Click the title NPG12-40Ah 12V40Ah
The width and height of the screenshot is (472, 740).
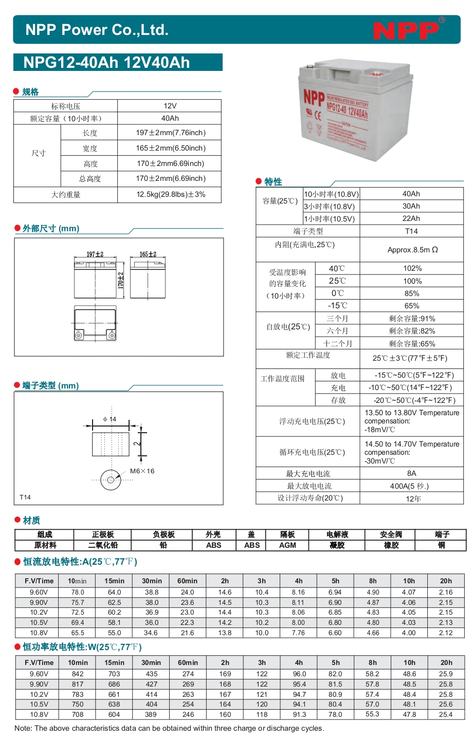point(106,63)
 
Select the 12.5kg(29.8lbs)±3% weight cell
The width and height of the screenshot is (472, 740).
point(171,195)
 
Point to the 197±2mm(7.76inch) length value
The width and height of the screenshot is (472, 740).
point(171,133)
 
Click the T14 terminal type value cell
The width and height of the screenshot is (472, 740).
point(411,231)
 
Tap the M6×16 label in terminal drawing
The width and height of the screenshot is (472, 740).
point(142,471)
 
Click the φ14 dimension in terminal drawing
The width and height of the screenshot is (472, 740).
point(110,419)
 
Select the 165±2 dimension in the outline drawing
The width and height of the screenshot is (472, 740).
point(148,254)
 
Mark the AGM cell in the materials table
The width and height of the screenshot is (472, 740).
point(287,545)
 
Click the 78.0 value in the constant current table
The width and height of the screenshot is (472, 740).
point(78,592)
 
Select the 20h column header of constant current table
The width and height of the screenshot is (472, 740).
point(446,581)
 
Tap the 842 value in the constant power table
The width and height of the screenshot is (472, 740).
point(78,674)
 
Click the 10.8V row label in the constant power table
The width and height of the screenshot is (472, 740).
point(39,714)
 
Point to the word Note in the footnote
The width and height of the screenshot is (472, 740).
point(23,728)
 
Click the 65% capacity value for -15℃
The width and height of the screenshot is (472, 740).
point(412,306)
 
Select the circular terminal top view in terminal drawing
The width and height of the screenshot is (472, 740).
point(111,480)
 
